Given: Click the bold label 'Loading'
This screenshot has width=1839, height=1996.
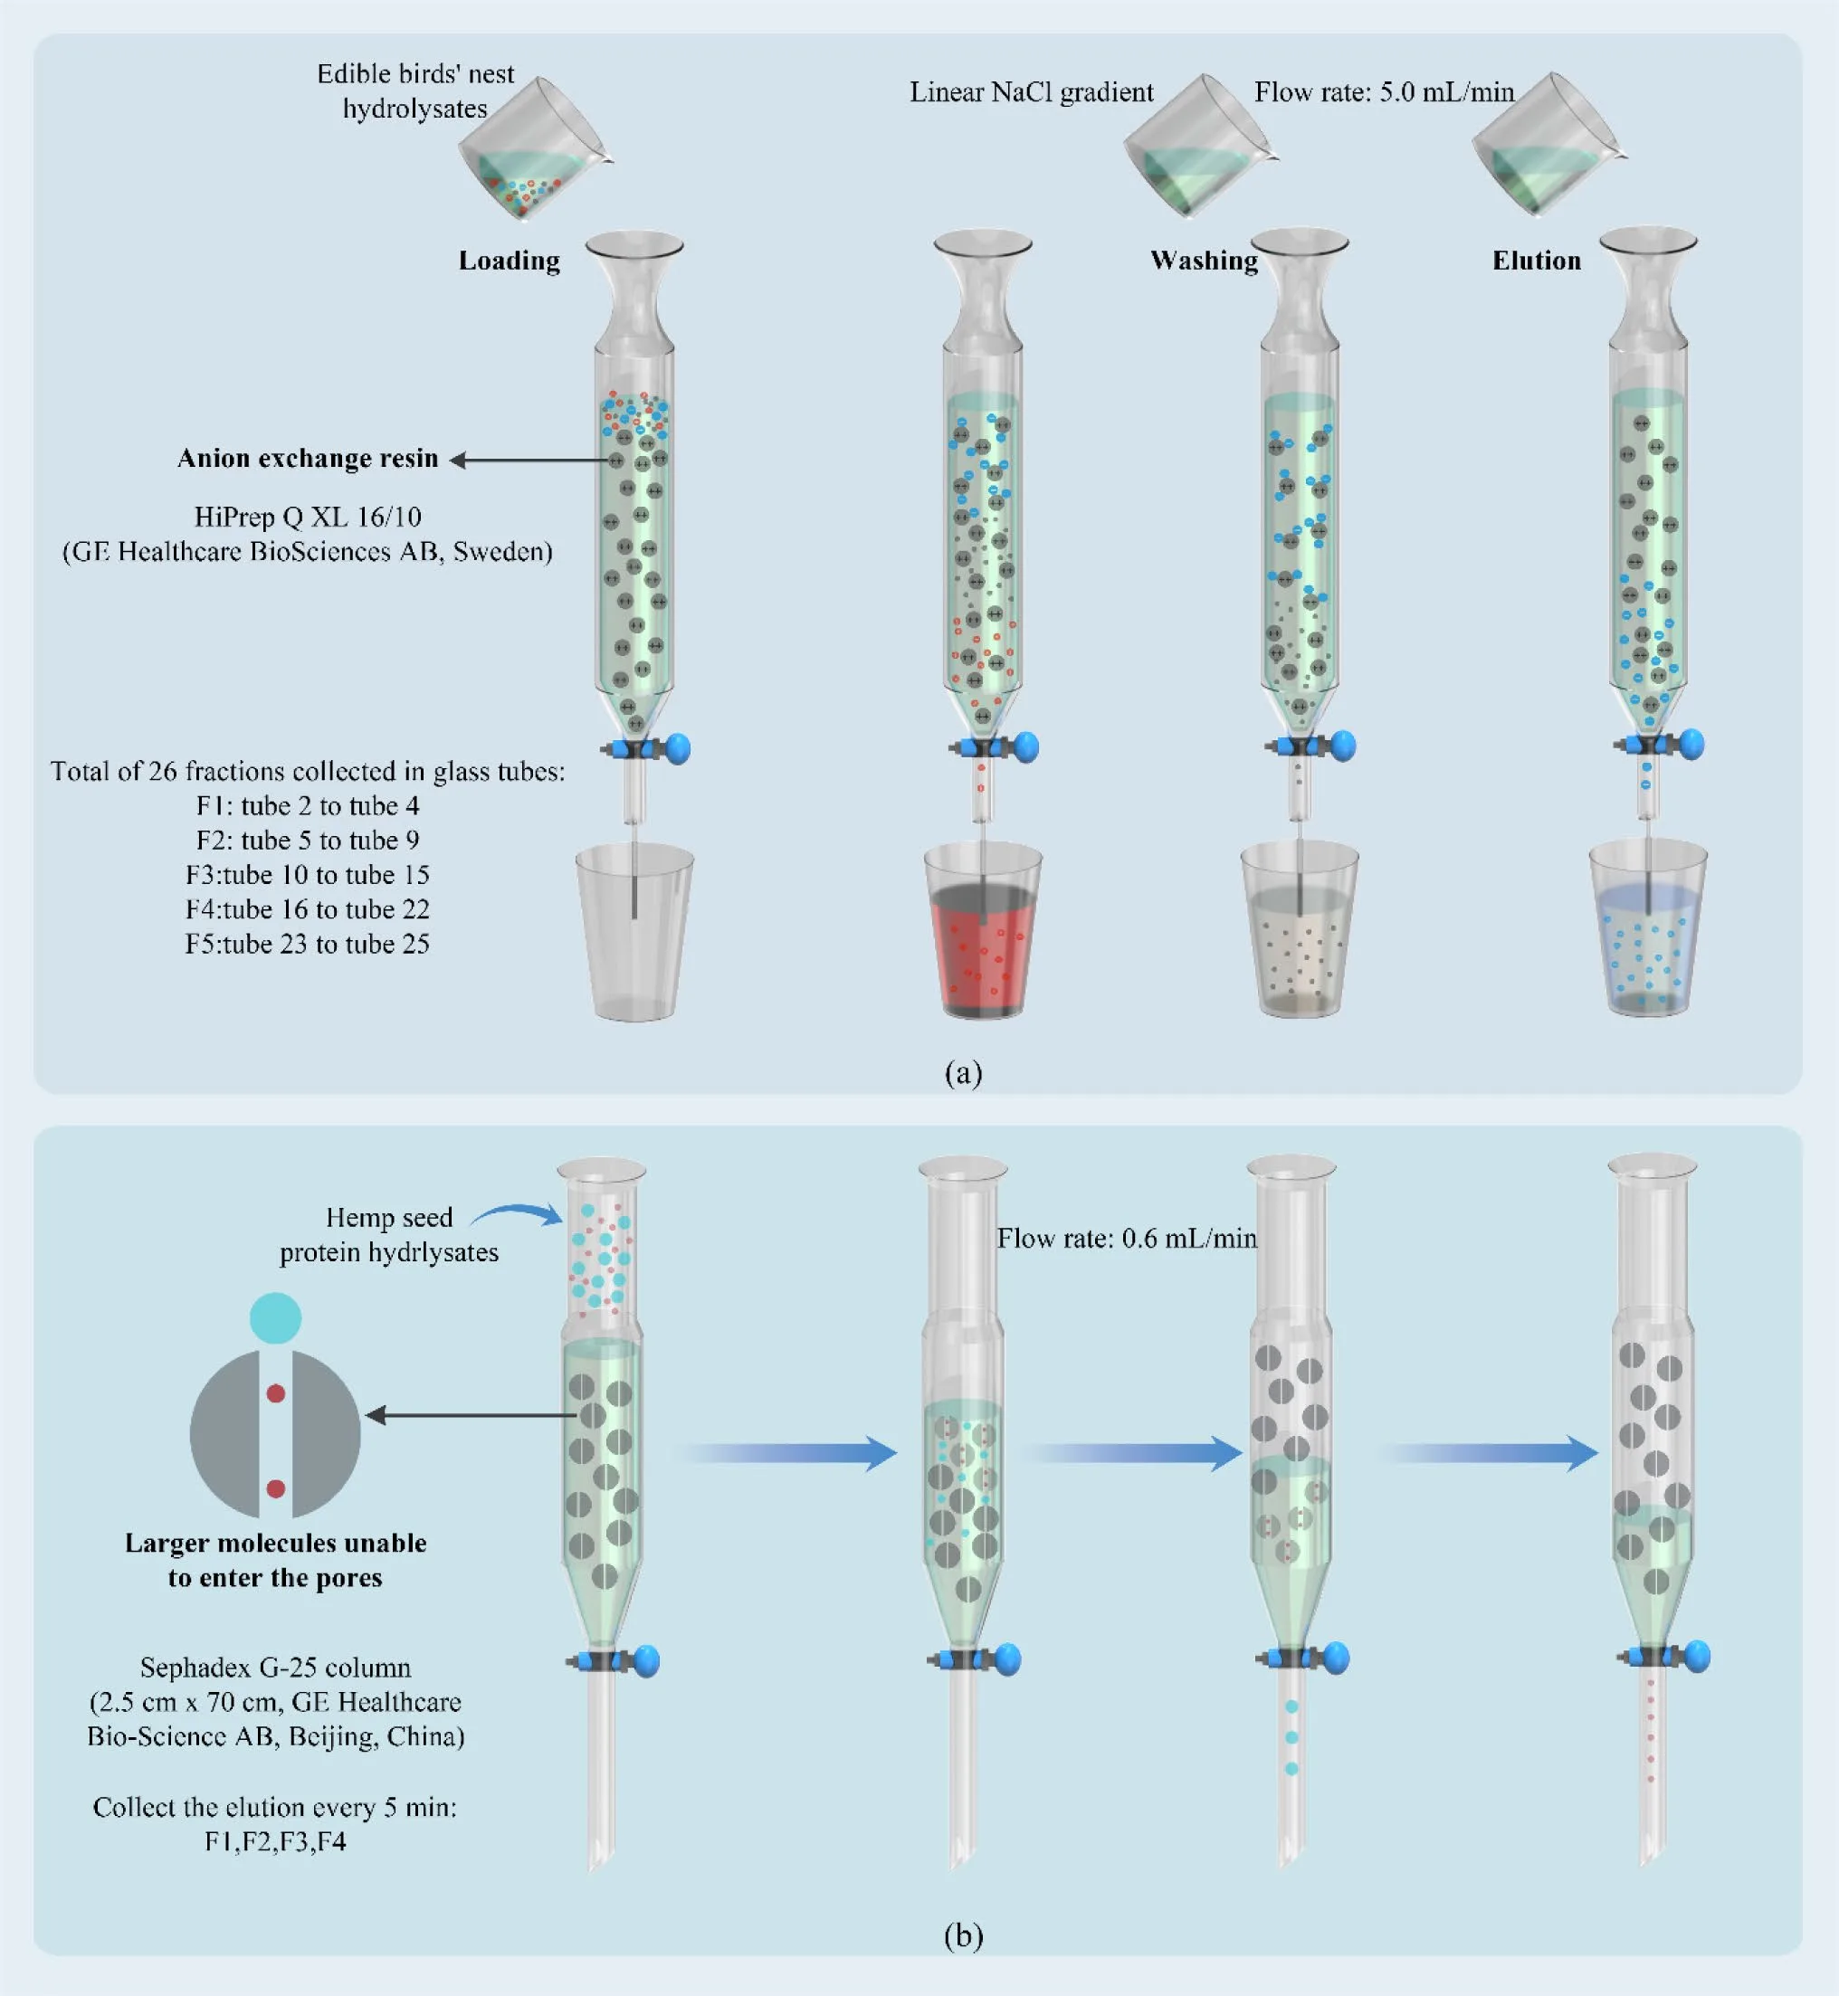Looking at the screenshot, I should pos(509,261).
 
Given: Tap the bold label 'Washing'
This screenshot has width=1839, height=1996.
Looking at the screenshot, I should pos(1203,261).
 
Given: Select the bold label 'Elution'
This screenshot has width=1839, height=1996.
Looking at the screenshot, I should pos(1536,261).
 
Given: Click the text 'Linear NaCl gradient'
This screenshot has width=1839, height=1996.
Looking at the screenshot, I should pos(1031,92).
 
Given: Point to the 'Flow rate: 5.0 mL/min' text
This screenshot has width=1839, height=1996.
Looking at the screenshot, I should pos(1383,92).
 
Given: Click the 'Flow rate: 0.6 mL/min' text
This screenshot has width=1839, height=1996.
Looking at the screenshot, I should pos(1127,1239).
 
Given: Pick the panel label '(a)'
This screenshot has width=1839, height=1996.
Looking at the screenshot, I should pos(962,1072).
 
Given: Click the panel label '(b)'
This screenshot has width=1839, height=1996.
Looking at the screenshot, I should pos(962,1935).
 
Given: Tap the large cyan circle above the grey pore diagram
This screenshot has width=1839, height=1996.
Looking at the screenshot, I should pos(274,1318).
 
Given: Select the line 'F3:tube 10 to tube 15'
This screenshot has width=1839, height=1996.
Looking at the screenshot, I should pos(307,875).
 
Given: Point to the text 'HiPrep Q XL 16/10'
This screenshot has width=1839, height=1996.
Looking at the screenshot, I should pos(308,518).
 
